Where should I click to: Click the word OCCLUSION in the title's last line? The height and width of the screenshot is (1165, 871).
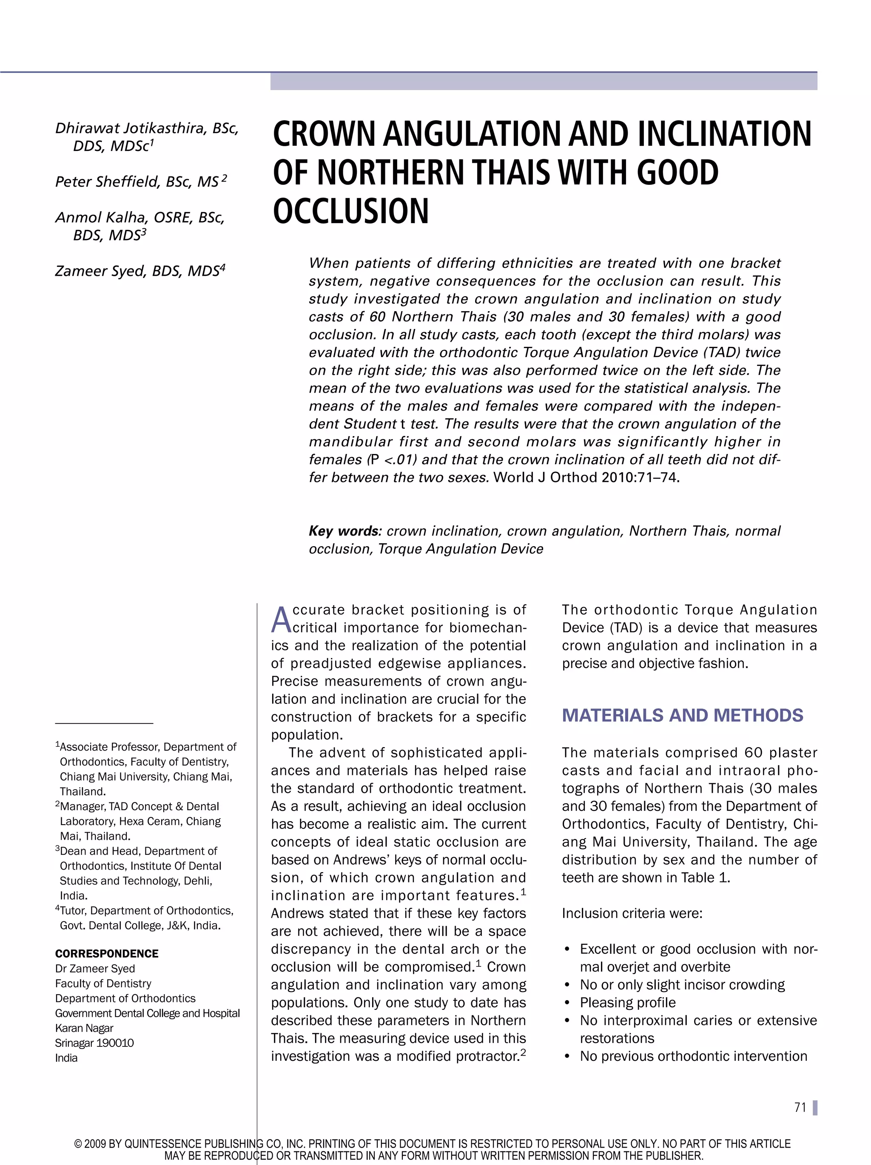click(x=351, y=211)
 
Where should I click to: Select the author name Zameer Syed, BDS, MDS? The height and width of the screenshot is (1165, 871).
click(x=139, y=271)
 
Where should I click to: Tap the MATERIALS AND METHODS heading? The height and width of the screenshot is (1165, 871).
click(x=682, y=715)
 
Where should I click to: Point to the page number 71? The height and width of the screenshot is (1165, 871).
click(x=800, y=1107)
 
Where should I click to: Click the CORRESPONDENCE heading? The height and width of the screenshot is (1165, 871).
click(x=106, y=953)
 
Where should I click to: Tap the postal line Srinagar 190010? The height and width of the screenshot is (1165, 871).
click(x=94, y=1043)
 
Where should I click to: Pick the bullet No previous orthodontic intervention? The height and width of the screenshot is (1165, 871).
click(x=693, y=1056)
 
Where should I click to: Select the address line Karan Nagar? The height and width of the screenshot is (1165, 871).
click(x=84, y=1028)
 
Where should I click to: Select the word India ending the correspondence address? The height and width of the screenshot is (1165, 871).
click(x=66, y=1057)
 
